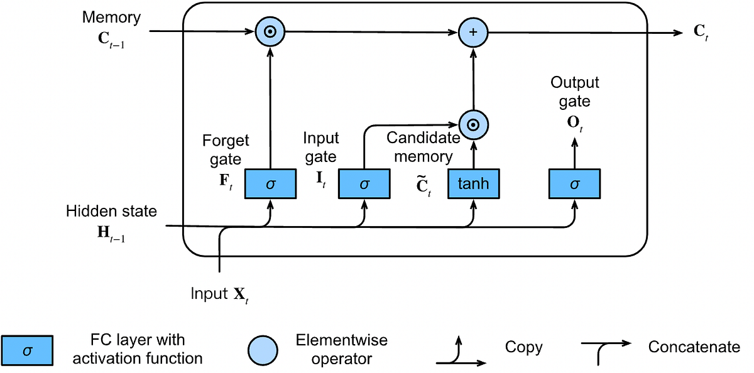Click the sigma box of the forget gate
click(x=270, y=184)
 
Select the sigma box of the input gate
click(x=364, y=184)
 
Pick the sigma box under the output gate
click(x=574, y=184)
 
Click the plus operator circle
click(x=473, y=32)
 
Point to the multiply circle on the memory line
click(x=270, y=32)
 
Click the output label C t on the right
click(x=701, y=33)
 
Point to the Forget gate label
click(x=226, y=149)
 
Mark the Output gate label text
click(x=574, y=92)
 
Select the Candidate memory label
click(x=419, y=147)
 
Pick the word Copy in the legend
click(x=523, y=347)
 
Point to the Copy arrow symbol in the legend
click(x=461, y=352)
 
